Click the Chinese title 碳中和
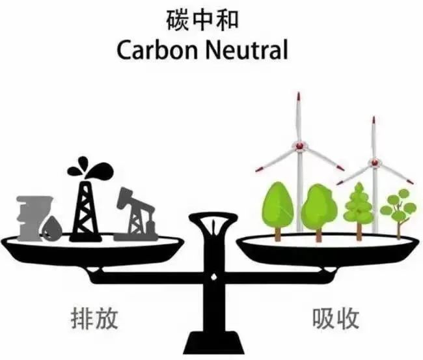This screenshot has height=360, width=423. pos(202,20)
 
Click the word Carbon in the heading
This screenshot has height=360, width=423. pos(157,50)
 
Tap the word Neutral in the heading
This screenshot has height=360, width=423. pos(247,50)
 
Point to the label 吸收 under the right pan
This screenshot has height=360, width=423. pos(336,318)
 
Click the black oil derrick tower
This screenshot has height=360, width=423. pos(85,211)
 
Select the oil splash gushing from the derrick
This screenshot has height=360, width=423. pos(90,169)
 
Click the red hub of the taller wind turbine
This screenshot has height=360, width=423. pos(299,146)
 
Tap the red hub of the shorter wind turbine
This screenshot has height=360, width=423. pos(374,162)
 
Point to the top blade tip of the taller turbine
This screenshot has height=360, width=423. pos(298,93)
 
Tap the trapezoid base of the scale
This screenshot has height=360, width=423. pos(213,342)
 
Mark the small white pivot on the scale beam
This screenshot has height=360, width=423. pos(213,277)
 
